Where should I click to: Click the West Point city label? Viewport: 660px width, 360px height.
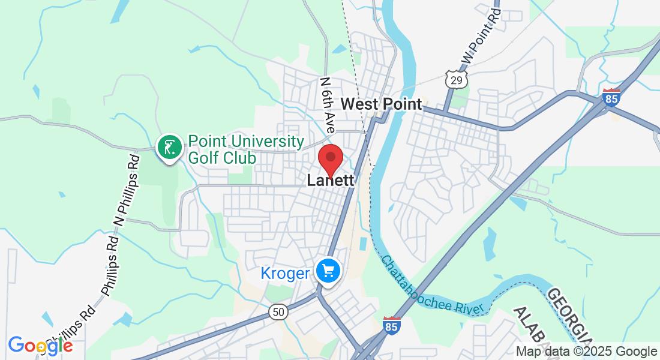381,104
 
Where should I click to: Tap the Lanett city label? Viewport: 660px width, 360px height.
330,180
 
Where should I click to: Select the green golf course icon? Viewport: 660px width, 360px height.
169,147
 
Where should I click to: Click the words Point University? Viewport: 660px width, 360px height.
246,142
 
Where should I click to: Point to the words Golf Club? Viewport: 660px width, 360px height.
222,158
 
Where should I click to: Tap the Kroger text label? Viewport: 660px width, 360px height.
285,274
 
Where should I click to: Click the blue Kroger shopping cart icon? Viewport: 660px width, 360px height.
328,271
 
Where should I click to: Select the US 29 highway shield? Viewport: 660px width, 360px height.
455,77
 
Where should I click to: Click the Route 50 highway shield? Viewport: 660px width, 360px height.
278,312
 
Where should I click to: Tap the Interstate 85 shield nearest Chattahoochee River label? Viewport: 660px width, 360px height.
391,326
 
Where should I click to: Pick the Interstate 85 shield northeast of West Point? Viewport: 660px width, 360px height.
611,97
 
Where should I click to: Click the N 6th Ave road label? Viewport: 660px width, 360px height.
328,105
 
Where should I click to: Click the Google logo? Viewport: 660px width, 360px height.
40,345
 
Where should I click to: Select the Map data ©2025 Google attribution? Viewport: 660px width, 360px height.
587,352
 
